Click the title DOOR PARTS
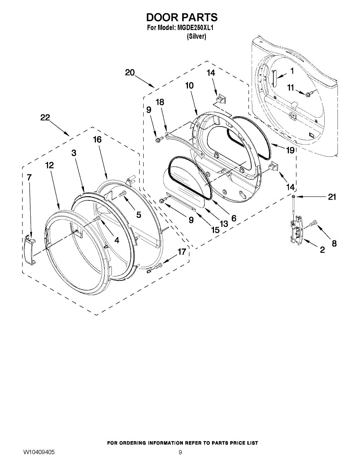pos(181,17)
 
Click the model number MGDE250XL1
pos(196,28)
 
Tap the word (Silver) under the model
pos(196,37)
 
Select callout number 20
pos(130,72)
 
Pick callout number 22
pos(45,118)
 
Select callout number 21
pos(332,197)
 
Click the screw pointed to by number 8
pos(314,224)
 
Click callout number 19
pos(290,150)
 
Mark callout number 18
pos(160,102)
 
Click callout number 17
pos(182,252)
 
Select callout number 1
pos(292,71)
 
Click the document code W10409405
pos(39,452)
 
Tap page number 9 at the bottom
pos(180,452)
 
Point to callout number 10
pos(189,85)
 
